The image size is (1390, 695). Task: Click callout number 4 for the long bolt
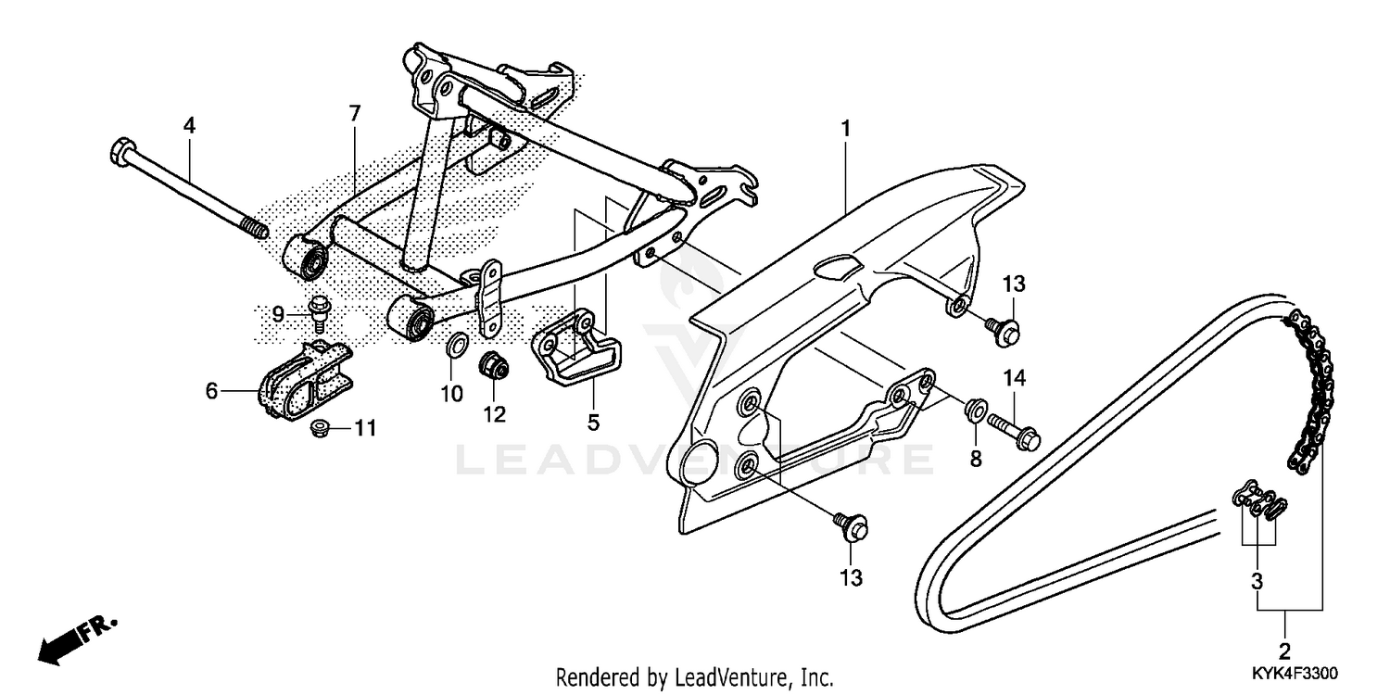(x=189, y=125)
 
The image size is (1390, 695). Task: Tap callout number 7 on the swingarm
(x=353, y=114)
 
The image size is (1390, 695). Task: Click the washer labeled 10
(x=457, y=347)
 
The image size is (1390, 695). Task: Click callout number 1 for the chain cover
(x=845, y=127)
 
